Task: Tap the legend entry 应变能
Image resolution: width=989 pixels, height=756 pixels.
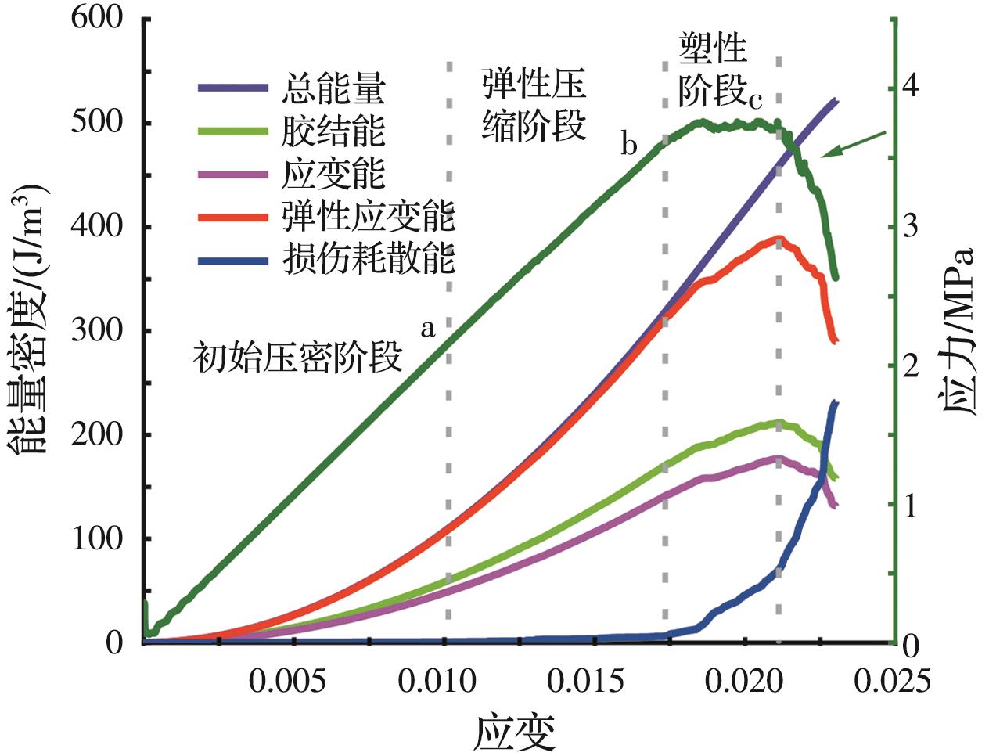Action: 333,174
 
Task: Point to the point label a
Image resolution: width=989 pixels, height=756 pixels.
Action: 427,328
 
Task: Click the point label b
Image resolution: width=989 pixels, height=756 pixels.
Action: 629,146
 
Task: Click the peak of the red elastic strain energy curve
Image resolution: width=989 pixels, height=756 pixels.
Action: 778,239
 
